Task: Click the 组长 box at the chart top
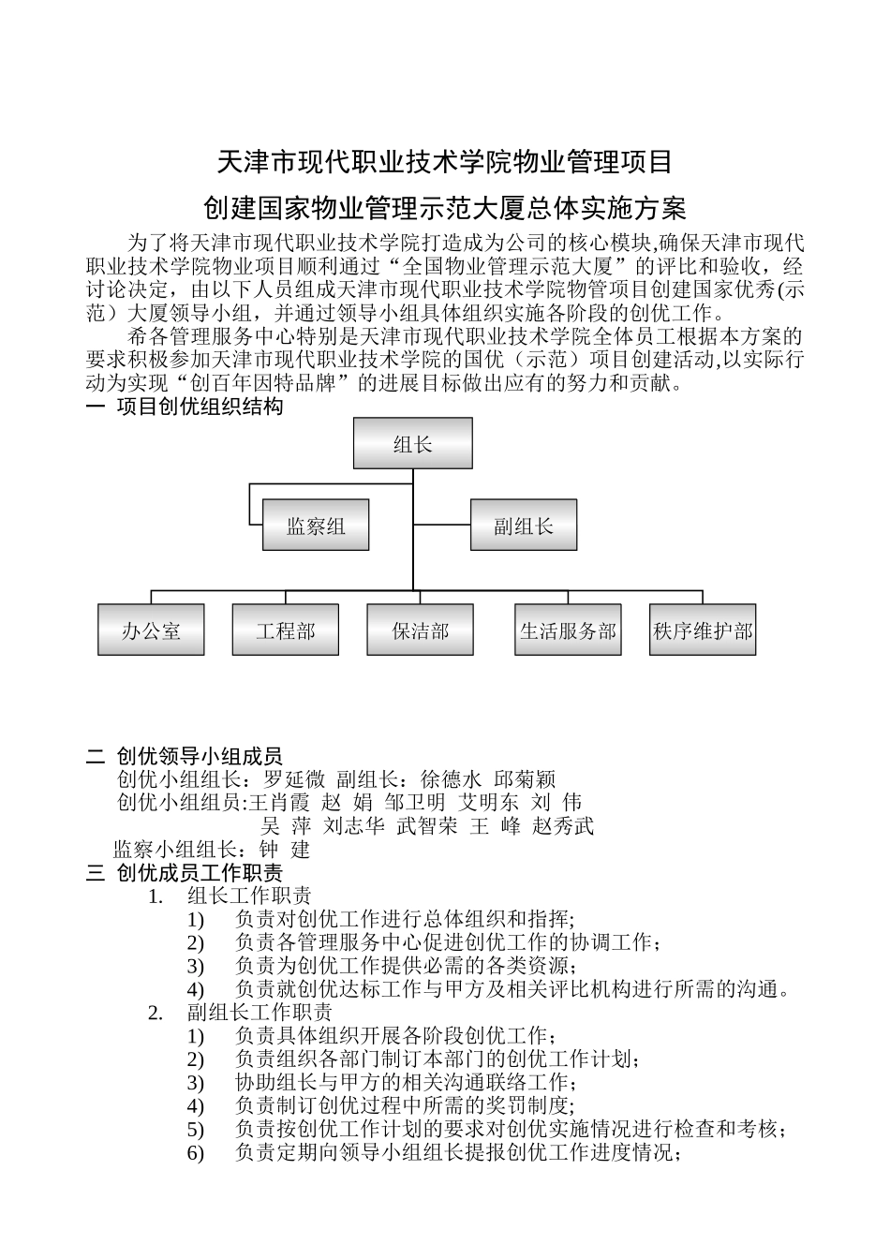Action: pyautogui.click(x=412, y=443)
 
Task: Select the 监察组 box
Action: pyautogui.click(x=315, y=526)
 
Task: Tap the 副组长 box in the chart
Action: pyautogui.click(x=523, y=526)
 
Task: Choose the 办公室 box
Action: pyautogui.click(x=151, y=630)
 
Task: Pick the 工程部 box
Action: pyautogui.click(x=286, y=630)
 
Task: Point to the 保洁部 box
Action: pyautogui.click(x=420, y=630)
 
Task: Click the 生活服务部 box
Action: pyautogui.click(x=569, y=630)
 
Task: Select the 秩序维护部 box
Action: pyautogui.click(x=703, y=630)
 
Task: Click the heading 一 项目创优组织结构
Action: pyautogui.click(x=185, y=407)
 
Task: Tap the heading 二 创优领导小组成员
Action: pyautogui.click(x=185, y=756)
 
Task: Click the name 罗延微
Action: pyautogui.click(x=293, y=779)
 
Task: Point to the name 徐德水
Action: pyautogui.click(x=452, y=779)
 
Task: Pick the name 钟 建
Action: pyautogui.click(x=285, y=851)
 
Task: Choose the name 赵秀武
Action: pyautogui.click(x=563, y=826)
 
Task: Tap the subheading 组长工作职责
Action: pyautogui.click(x=249, y=896)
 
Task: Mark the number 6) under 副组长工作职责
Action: pyautogui.click(x=195, y=1153)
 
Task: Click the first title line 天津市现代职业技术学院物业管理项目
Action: pyautogui.click(x=445, y=163)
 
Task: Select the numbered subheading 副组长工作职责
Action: pyautogui.click(x=260, y=1013)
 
